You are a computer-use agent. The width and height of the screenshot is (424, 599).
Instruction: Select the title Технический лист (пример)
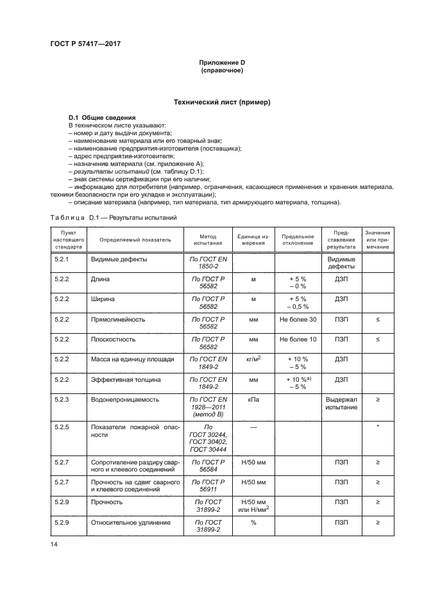coord(222,103)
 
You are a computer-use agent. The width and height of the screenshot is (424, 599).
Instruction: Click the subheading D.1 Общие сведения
coord(102,118)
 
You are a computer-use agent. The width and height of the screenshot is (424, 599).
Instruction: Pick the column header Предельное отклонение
coord(298,240)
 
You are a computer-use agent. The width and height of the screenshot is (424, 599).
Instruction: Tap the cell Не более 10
coord(298,339)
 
